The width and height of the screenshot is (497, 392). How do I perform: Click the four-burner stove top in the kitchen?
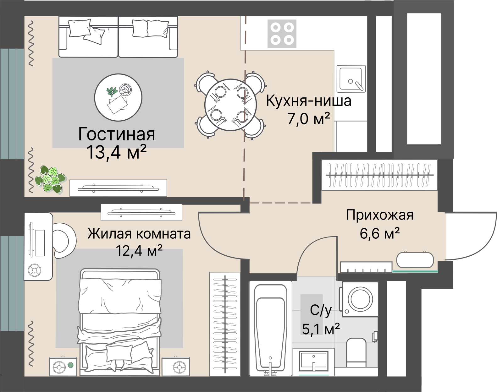pyautogui.click(x=282, y=33)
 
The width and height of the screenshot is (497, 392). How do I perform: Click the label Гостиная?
pyautogui.click(x=117, y=134)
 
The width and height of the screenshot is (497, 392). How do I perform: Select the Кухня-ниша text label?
pyautogui.click(x=308, y=101)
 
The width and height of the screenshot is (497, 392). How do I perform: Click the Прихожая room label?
pyautogui.click(x=379, y=215)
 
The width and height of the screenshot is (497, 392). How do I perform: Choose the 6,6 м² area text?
pyautogui.click(x=379, y=233)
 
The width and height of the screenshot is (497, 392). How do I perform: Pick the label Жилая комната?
pyautogui.click(x=139, y=234)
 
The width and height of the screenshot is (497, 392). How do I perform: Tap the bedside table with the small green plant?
pyautogui.click(x=63, y=366)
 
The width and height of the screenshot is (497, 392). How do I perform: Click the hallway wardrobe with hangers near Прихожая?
pyautogui.click(x=379, y=175)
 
